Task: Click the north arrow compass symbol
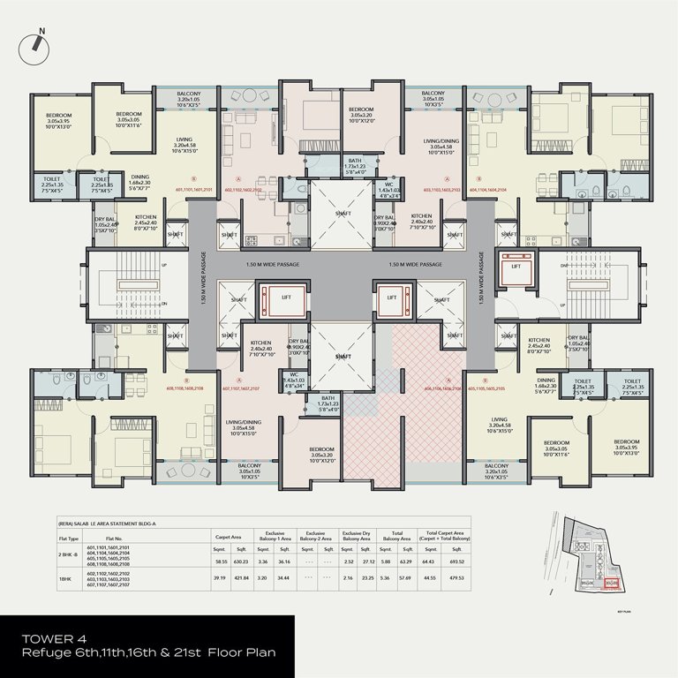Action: point(42,36)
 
